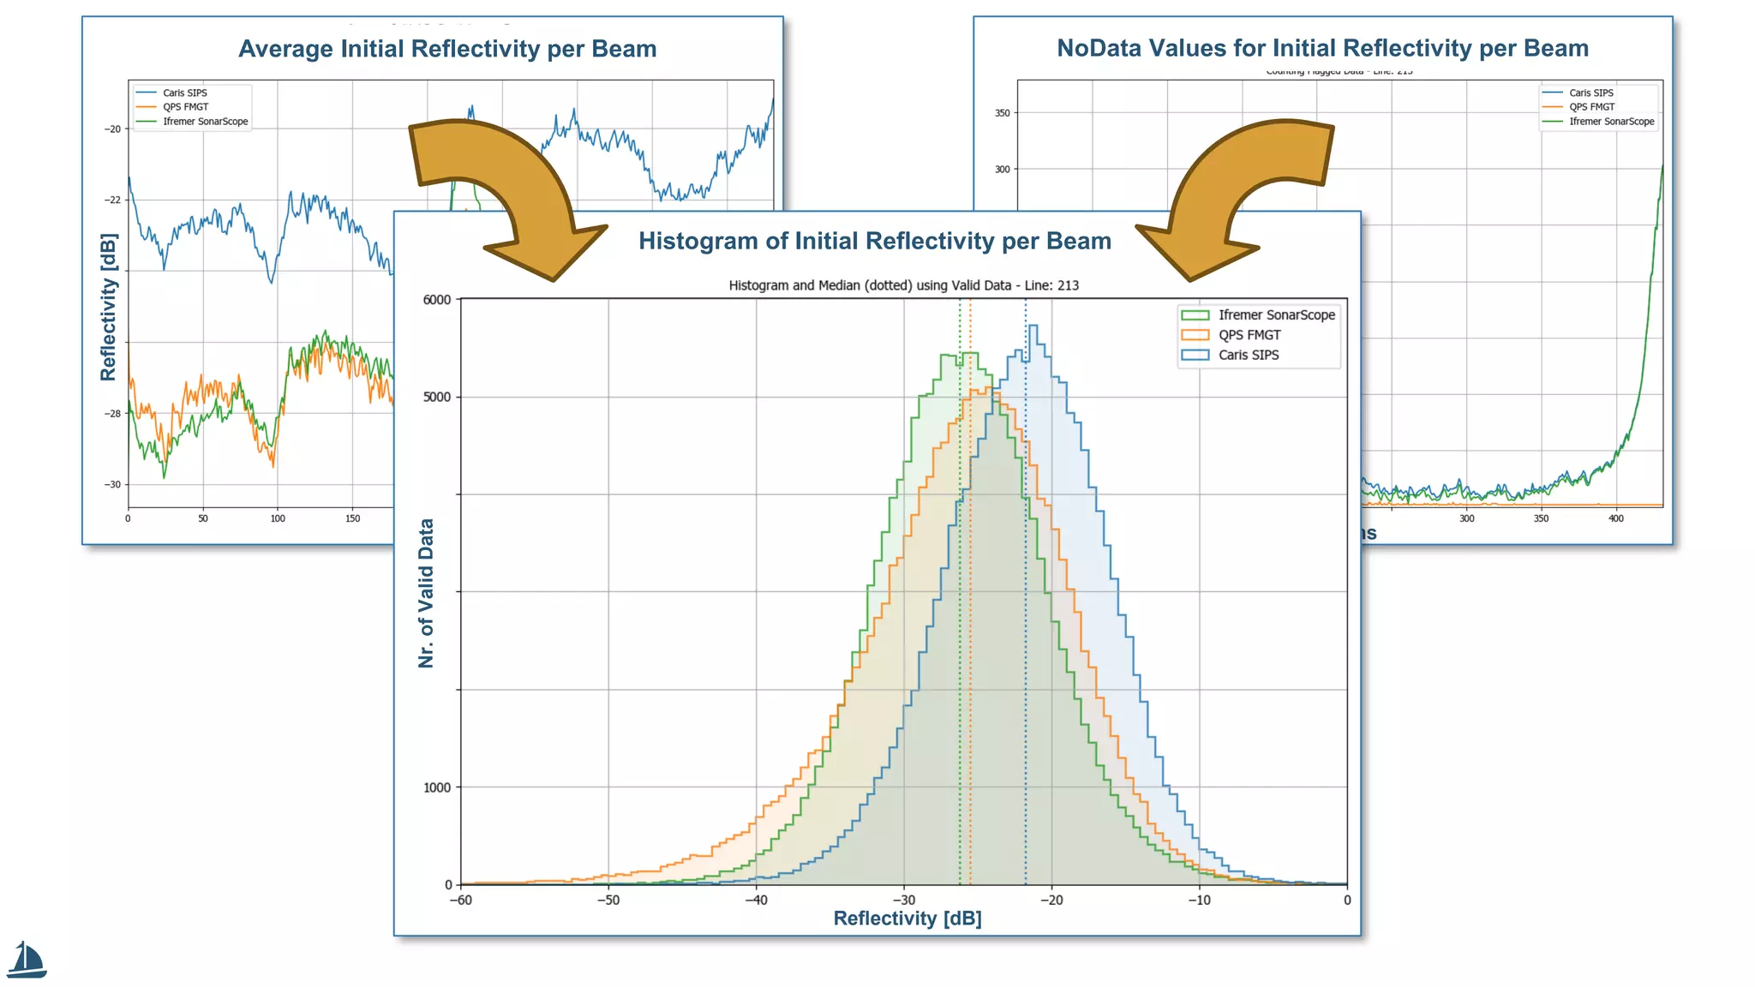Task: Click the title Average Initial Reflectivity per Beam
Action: (x=447, y=49)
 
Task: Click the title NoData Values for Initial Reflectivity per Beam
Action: (x=1322, y=48)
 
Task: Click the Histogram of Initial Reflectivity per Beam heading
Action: (x=874, y=241)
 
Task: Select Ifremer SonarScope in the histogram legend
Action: (x=1276, y=314)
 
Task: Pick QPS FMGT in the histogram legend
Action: (x=1249, y=335)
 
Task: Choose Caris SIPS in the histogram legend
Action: (x=1248, y=355)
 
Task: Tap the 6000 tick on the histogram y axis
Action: (x=437, y=300)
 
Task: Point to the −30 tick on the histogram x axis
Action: (x=903, y=900)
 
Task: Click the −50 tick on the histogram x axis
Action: (x=608, y=900)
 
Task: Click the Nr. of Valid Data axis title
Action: (x=426, y=593)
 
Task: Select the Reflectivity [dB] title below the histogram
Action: (x=907, y=918)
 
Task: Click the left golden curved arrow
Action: (x=506, y=193)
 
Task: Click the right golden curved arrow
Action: (x=1238, y=193)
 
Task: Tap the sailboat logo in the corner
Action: (x=27, y=960)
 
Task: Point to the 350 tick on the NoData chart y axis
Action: (x=1002, y=113)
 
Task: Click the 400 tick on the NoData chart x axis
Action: (x=1615, y=518)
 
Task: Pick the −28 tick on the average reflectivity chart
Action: (x=113, y=414)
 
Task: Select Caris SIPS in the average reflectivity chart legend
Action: (x=184, y=93)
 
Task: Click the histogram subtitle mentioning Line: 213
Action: (x=903, y=285)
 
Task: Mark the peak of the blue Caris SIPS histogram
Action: (x=1033, y=326)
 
